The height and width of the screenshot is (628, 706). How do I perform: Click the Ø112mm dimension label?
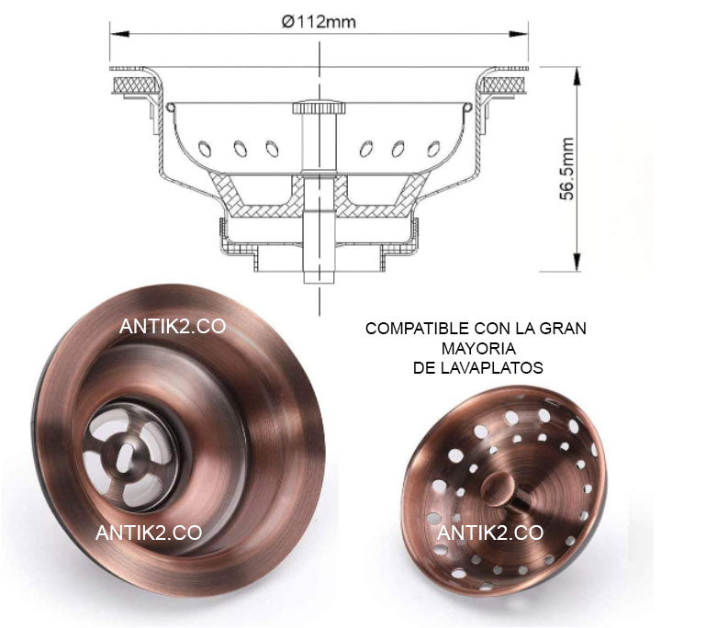click(x=319, y=22)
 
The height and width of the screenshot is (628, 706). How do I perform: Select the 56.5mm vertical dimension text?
click(x=566, y=169)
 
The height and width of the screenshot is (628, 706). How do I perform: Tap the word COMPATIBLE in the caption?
click(x=417, y=329)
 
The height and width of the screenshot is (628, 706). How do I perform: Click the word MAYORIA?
click(x=478, y=349)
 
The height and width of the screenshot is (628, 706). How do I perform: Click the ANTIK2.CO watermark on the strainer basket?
click(x=490, y=533)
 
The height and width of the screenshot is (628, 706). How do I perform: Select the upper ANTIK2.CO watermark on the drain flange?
click(x=173, y=326)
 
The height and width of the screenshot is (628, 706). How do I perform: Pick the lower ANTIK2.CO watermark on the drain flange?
click(x=149, y=533)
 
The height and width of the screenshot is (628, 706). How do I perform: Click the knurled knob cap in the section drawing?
click(x=319, y=108)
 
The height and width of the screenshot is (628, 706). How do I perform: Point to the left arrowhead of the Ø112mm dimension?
click(x=119, y=34)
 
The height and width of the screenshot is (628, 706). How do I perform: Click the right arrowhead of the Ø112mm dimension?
click(x=518, y=34)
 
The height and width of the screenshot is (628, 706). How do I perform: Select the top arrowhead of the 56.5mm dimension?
click(x=577, y=76)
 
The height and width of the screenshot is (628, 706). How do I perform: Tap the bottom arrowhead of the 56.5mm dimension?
click(x=577, y=262)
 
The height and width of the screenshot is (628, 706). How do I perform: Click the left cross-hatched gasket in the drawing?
click(x=134, y=84)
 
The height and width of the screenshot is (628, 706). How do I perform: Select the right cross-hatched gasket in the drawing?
click(x=504, y=84)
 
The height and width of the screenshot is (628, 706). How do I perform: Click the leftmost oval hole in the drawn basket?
click(x=205, y=149)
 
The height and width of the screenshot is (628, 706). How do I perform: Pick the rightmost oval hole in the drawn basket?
click(x=433, y=149)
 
